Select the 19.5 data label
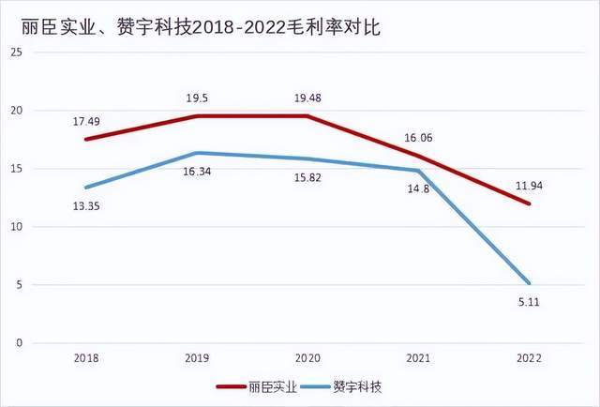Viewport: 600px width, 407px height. pos(197,97)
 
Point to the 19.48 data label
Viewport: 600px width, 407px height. pos(308,97)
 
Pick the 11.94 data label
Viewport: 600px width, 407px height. pos(529,185)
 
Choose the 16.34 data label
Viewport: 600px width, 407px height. pos(197,173)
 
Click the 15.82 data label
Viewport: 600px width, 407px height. pos(308,178)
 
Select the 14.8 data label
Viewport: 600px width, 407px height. pos(419,190)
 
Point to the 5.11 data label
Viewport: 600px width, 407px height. pos(529,302)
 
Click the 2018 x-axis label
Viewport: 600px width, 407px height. pos(85,357)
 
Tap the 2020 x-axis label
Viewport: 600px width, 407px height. pos(308,357)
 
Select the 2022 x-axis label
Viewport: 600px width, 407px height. pos(531,357)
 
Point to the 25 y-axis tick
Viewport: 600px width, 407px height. pos(14,53)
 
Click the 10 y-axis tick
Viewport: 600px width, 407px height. pos(14,227)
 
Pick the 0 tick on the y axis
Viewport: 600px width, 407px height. pos(17,343)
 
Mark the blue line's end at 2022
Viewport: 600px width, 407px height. pos(531,283)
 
